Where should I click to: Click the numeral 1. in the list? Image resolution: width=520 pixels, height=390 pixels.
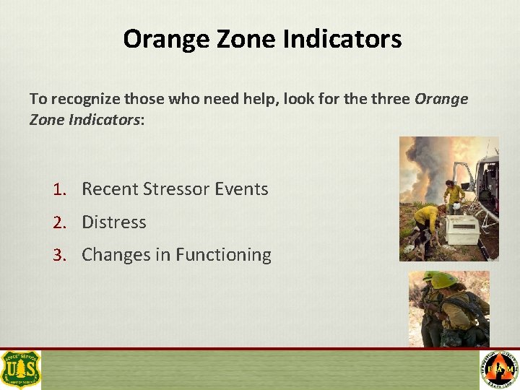click(x=59, y=189)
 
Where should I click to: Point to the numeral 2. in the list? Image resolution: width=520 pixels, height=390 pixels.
click(x=59, y=222)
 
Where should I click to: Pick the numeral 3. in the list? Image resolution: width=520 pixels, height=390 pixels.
click(x=59, y=255)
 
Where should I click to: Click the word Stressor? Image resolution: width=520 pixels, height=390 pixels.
click(x=176, y=189)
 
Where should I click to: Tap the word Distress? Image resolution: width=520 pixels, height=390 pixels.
click(x=114, y=222)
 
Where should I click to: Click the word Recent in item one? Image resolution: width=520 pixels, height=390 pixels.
click(x=110, y=189)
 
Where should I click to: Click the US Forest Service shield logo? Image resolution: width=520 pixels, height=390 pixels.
click(x=21, y=369)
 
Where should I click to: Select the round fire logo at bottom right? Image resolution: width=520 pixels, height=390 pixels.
click(x=499, y=370)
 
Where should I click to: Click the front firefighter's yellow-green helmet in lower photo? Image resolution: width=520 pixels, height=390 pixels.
click(x=444, y=281)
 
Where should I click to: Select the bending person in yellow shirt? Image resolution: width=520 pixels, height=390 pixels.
click(x=427, y=217)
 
